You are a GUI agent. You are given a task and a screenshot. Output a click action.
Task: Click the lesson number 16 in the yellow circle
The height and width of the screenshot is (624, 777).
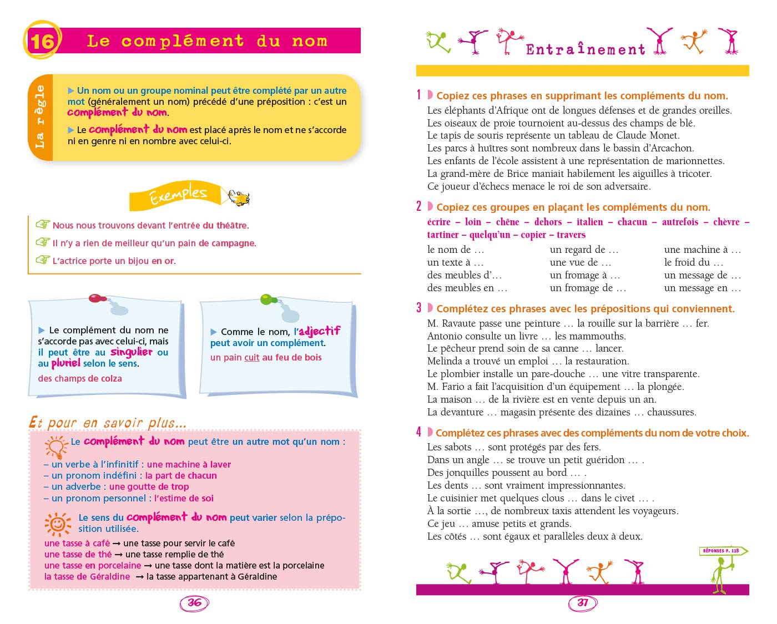42,41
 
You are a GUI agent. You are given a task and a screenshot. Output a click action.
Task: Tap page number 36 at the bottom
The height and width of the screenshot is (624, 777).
194,603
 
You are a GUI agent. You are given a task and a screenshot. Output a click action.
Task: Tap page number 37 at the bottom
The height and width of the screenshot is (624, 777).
583,603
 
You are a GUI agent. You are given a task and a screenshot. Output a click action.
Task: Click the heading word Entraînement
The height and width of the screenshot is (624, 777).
586,49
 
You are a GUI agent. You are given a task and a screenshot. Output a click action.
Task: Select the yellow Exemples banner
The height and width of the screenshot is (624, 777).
177,195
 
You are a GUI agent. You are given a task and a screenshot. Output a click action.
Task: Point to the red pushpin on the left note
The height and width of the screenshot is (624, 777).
98,298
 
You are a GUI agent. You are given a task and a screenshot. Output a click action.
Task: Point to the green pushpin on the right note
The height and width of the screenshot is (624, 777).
269,300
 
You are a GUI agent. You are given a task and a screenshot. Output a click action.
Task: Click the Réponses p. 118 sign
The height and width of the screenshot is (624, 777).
721,551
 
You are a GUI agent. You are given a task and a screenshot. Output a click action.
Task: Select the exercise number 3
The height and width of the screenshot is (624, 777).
419,308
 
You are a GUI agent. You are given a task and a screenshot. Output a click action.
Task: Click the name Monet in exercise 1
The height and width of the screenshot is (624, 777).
664,135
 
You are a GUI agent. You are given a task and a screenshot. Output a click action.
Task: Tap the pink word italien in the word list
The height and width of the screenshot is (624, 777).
589,222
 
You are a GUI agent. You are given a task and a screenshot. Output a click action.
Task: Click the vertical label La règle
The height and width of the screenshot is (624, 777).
40,117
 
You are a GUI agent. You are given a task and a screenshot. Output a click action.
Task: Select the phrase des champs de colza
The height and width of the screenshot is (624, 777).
80,379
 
